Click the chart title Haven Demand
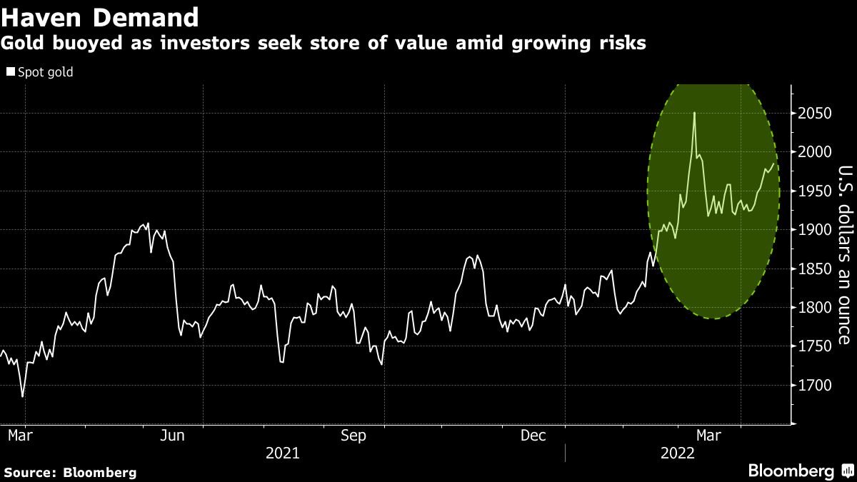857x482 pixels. (x=100, y=16)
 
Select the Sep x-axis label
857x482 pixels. (x=354, y=436)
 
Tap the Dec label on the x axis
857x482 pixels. (x=534, y=436)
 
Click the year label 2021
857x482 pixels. (x=282, y=453)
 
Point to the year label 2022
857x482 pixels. (x=678, y=453)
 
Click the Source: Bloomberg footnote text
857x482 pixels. (x=70, y=472)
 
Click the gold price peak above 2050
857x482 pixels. (x=693, y=113)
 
